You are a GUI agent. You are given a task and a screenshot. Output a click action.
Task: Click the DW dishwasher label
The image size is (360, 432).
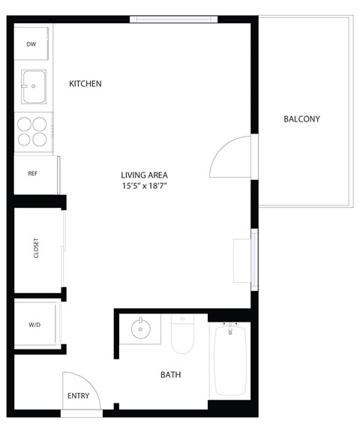click(x=31, y=44)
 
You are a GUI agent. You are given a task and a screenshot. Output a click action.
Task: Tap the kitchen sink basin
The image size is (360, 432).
click(x=33, y=86)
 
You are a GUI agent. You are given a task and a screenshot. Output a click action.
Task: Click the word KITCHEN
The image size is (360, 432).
click(x=85, y=84)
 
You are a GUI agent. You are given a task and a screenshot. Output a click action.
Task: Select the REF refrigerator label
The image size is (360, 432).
click(x=32, y=173)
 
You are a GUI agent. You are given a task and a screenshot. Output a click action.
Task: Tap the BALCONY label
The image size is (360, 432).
click(x=301, y=119)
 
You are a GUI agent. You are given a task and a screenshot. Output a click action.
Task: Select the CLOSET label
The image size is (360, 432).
click(x=36, y=248)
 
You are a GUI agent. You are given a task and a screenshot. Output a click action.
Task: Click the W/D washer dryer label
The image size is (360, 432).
click(x=34, y=325)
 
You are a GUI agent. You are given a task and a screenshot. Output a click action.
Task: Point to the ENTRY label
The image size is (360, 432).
click(x=78, y=396)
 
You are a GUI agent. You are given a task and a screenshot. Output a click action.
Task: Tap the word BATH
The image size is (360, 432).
click(x=170, y=375)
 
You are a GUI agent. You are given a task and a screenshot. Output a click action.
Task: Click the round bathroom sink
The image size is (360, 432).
click(x=140, y=328)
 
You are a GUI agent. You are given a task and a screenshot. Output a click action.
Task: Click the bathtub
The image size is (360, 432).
click(x=232, y=360)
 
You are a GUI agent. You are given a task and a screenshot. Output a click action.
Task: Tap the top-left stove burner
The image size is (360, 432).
click(x=23, y=124)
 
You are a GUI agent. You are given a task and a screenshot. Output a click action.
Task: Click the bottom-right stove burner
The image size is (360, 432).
click(x=40, y=139)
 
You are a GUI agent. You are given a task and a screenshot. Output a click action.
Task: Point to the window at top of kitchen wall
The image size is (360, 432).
click(x=173, y=19)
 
